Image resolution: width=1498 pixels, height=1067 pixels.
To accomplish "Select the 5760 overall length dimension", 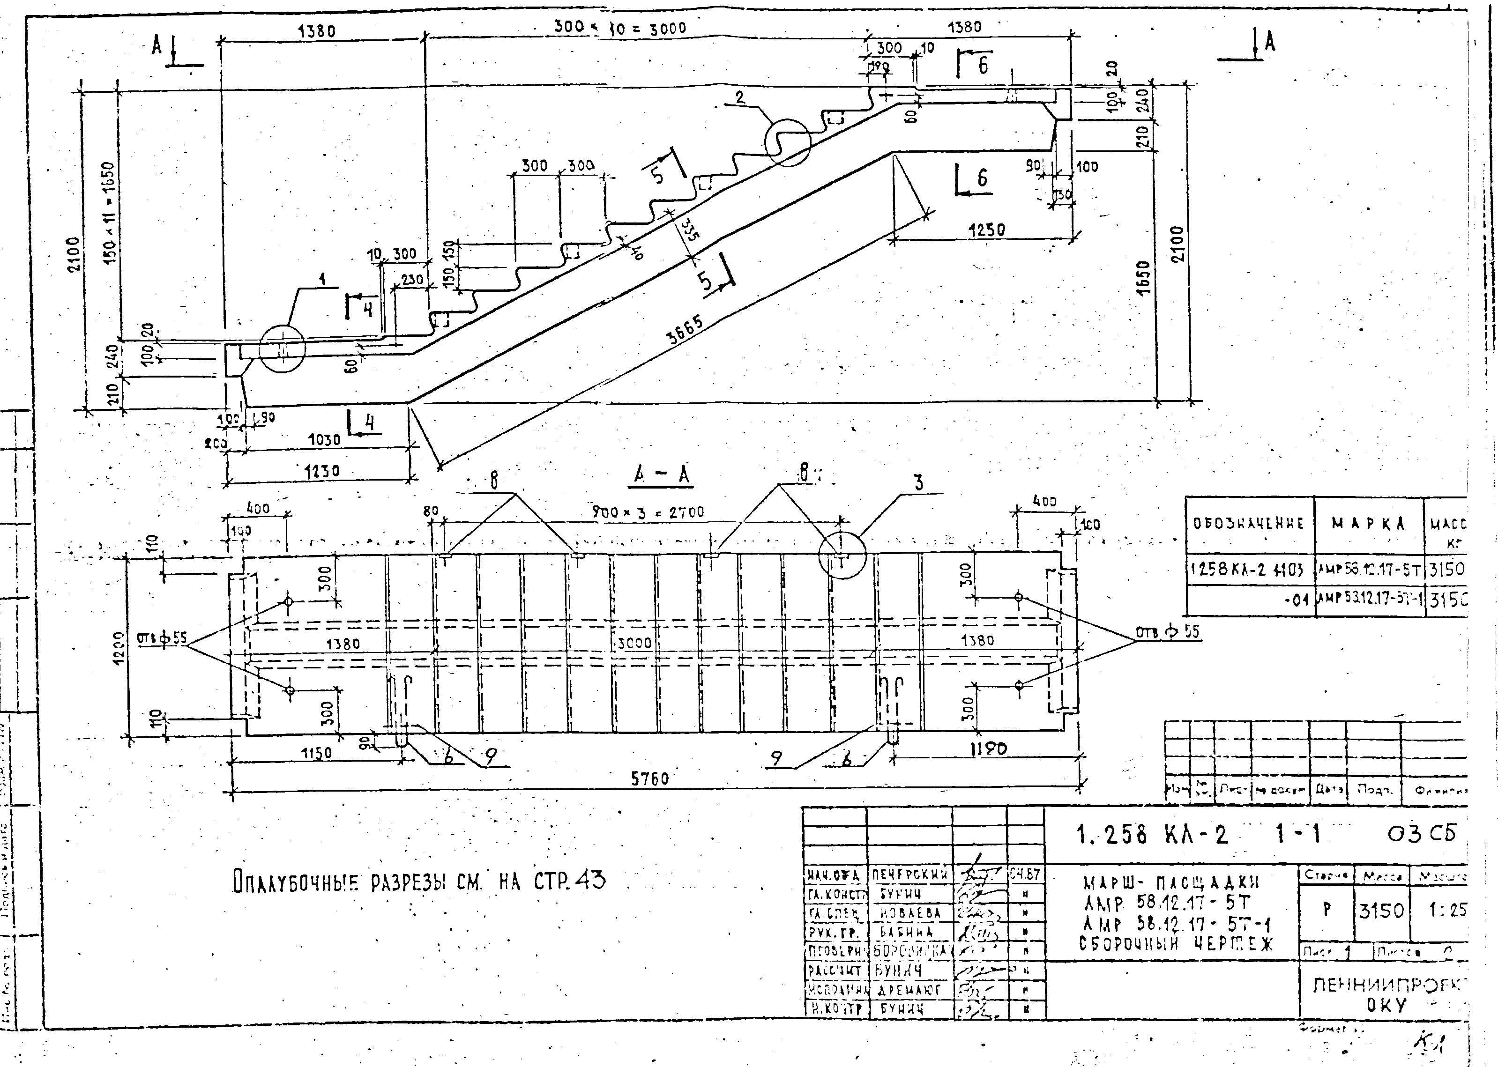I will click(x=649, y=778).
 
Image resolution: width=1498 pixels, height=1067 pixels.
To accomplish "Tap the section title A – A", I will click(x=662, y=474).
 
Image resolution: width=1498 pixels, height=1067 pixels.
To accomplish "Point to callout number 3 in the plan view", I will click(x=918, y=483).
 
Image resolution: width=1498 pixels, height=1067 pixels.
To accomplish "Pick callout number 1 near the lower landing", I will click(x=322, y=279).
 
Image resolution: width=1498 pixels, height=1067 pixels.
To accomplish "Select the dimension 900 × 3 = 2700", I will click(x=648, y=512).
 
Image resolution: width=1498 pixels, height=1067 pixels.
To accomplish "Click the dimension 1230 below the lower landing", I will click(x=322, y=472).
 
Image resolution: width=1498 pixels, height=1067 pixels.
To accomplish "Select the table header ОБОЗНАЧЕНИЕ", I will click(x=1248, y=524).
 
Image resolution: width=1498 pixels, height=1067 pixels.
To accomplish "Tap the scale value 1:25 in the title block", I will click(x=1447, y=911).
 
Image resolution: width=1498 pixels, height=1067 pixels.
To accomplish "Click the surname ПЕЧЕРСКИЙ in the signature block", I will click(x=909, y=875).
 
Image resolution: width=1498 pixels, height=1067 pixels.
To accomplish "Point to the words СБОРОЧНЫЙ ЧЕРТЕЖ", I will click(x=1176, y=944).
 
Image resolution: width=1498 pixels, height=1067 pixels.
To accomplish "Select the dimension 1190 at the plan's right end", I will click(x=988, y=748).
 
